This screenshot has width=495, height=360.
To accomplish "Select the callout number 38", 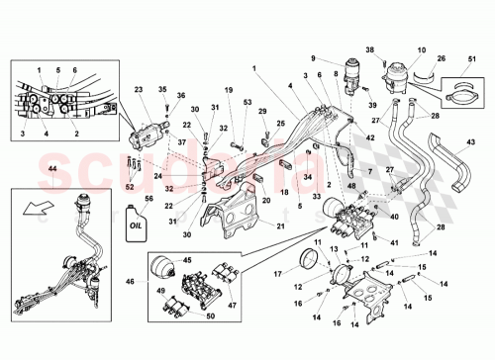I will [x=371, y=49].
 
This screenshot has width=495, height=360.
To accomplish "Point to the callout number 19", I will [x=228, y=90].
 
